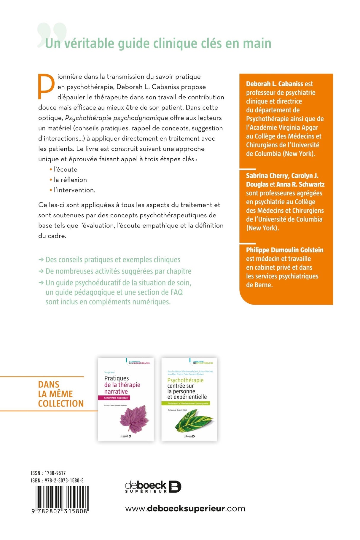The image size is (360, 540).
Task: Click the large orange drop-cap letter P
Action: (46, 86)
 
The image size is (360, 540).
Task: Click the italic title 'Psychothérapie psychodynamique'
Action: (116, 118)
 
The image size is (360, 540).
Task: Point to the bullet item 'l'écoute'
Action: (65, 169)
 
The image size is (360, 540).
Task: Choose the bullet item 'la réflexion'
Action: (70, 180)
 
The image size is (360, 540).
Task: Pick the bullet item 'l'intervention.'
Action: (74, 190)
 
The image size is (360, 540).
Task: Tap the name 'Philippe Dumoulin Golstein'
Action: (284, 250)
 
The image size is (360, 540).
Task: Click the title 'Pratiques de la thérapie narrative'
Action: (122, 385)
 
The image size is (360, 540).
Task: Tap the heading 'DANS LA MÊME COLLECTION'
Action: (60, 394)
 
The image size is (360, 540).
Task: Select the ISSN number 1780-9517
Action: (55, 473)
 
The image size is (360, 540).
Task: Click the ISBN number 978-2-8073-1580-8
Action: (64, 480)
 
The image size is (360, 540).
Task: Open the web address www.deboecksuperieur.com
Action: (185, 509)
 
